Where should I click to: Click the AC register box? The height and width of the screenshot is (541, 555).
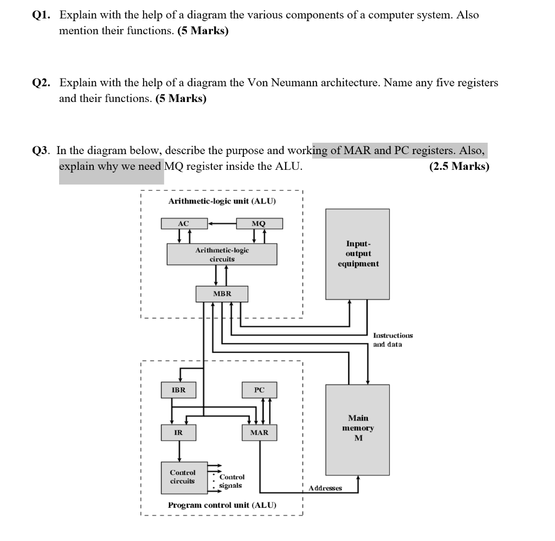pyautogui.click(x=183, y=224)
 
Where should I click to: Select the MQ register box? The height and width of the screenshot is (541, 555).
pyautogui.click(x=259, y=224)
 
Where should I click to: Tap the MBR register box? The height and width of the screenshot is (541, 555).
pyautogui.click(x=222, y=294)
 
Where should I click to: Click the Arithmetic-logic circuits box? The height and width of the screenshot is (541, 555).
pyautogui.click(x=222, y=254)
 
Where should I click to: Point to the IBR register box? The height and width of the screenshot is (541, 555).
pyautogui.click(x=178, y=390)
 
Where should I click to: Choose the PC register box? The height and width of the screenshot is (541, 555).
pyautogui.click(x=259, y=390)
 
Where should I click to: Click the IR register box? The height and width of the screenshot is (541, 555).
pyautogui.click(x=178, y=432)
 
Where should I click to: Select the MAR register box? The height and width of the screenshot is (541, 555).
pyautogui.click(x=259, y=432)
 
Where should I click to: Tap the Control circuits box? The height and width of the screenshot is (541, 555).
pyautogui.click(x=183, y=477)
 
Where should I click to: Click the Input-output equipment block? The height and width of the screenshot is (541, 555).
pyautogui.click(x=358, y=254)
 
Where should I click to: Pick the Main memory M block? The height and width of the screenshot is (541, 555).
pyautogui.click(x=358, y=429)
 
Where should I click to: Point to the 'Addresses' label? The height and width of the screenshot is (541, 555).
pyautogui.click(x=325, y=488)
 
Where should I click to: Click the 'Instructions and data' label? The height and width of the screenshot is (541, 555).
pyautogui.click(x=393, y=340)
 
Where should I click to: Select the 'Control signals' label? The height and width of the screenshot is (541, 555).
pyautogui.click(x=232, y=481)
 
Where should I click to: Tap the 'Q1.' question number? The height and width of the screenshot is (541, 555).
pyautogui.click(x=41, y=15)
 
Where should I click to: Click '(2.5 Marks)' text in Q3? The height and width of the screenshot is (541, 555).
pyautogui.click(x=459, y=166)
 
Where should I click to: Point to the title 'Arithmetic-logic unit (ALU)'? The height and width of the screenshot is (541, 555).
pyautogui.click(x=222, y=201)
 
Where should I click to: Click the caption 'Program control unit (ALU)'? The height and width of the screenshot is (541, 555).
pyautogui.click(x=222, y=505)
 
